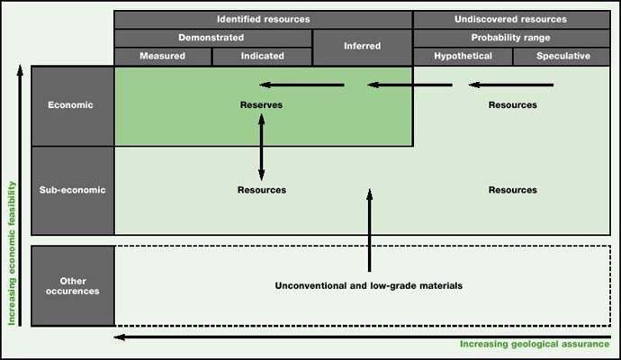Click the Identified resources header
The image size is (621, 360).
[x=263, y=18]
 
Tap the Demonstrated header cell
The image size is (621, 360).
[x=213, y=38]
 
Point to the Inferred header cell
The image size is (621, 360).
[x=362, y=46]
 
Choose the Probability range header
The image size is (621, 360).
[x=511, y=38]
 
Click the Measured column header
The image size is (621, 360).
[x=163, y=56]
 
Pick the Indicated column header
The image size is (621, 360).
[x=263, y=56]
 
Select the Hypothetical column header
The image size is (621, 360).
[x=463, y=56]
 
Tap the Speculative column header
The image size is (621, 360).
[x=562, y=56]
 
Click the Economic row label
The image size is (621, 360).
[x=72, y=105]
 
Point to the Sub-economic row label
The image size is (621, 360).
[x=72, y=190]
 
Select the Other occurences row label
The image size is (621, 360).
[x=72, y=285]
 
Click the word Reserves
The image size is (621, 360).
[x=262, y=105]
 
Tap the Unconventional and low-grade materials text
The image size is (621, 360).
[x=369, y=285]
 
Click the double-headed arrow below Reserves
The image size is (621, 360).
[x=262, y=148]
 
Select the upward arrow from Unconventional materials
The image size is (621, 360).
[x=369, y=229]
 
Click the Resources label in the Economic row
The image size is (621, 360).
[x=512, y=105]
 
